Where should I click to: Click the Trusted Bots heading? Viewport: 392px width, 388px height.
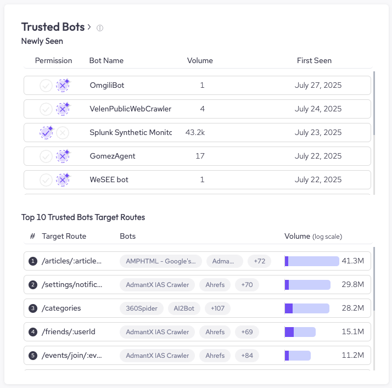click(53, 27)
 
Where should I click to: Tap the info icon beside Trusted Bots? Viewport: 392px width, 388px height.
click(100, 28)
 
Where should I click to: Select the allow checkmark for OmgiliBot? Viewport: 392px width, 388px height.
click(46, 86)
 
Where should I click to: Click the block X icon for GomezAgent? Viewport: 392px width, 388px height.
click(63, 156)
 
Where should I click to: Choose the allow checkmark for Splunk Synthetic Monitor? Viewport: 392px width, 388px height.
click(46, 133)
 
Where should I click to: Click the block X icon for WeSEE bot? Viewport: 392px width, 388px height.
click(63, 180)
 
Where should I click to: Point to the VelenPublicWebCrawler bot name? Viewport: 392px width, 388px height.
click(130, 109)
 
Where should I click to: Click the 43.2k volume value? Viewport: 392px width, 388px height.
click(195, 133)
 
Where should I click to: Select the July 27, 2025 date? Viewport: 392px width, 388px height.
click(318, 86)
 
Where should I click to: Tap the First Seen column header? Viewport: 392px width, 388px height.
click(314, 61)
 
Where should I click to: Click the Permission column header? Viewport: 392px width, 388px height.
click(53, 61)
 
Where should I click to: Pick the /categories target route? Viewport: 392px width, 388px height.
click(61, 308)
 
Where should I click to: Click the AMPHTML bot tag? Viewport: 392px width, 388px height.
click(161, 261)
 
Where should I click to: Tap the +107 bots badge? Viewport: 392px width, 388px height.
click(217, 308)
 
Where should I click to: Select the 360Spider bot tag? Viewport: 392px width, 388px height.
click(141, 308)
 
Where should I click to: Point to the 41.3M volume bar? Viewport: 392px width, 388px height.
click(312, 261)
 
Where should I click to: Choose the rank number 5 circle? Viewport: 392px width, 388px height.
click(33, 356)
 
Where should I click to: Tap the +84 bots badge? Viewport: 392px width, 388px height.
click(247, 356)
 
